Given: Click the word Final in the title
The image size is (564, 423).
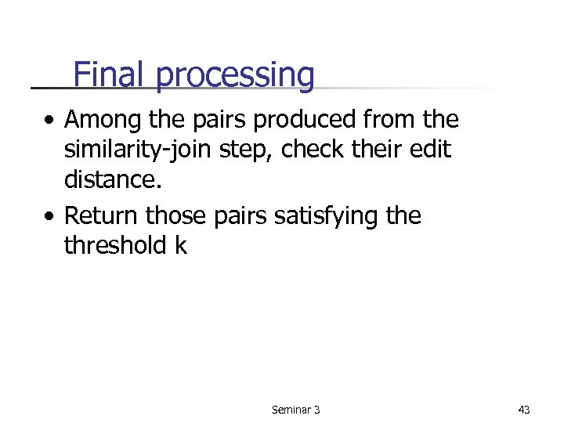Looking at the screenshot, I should [110, 75].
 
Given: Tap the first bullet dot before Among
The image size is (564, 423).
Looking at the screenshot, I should [49, 121].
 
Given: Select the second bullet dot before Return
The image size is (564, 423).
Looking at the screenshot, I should [49, 217].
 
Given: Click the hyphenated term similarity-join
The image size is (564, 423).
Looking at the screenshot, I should [152, 150].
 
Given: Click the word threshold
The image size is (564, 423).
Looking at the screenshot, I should [114, 245].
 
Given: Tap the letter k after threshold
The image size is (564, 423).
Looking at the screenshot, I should [181, 245].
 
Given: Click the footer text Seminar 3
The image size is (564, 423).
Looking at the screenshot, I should [295, 409].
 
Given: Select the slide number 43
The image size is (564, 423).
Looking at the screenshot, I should [524, 409].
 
